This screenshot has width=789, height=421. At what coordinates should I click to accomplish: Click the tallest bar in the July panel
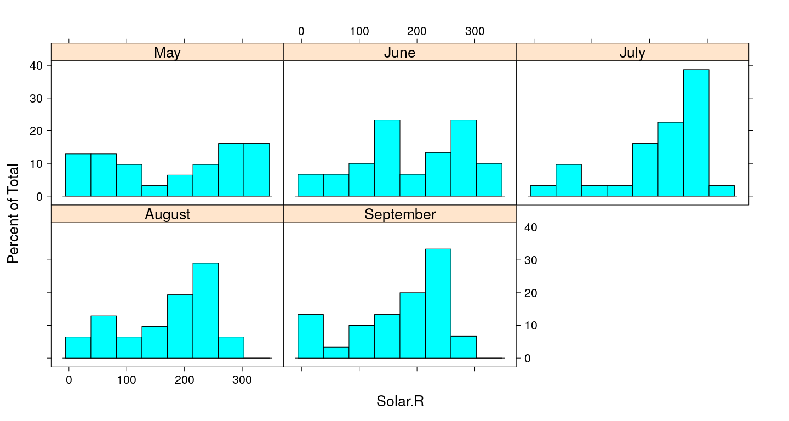pyautogui.click(x=696, y=133)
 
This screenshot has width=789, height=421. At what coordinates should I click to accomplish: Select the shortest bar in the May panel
pyautogui.click(x=155, y=191)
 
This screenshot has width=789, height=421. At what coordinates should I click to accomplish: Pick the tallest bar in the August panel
pyautogui.click(x=205, y=310)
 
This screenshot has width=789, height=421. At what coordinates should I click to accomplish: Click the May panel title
pyautogui.click(x=167, y=53)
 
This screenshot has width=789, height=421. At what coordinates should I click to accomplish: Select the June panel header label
pyautogui.click(x=399, y=53)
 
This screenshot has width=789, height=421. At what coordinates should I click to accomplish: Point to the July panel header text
pyautogui.click(x=632, y=53)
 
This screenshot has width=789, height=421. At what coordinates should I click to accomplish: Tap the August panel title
pyautogui.click(x=167, y=214)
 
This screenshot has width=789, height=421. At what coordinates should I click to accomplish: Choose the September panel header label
pyautogui.click(x=399, y=214)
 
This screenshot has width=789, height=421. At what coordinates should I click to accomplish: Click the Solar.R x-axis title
pyautogui.click(x=400, y=401)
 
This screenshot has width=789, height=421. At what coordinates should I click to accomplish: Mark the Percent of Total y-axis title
pyautogui.click(x=13, y=213)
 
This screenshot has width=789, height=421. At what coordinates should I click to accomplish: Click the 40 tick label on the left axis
pyautogui.click(x=36, y=65)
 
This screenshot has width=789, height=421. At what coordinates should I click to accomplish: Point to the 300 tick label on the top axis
pyautogui.click(x=474, y=31)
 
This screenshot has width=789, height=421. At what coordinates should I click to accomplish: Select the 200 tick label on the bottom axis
pyautogui.click(x=185, y=380)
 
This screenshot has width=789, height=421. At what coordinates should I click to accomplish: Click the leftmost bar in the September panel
pyautogui.click(x=310, y=336)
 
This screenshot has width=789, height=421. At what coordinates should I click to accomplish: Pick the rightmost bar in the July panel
pyautogui.click(x=722, y=191)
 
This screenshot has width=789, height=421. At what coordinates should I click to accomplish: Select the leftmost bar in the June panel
pyautogui.click(x=310, y=185)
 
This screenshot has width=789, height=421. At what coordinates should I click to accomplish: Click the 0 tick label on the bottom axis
pyautogui.click(x=69, y=380)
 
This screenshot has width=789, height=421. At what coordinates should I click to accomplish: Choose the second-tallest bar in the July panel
pyautogui.click(x=671, y=159)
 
